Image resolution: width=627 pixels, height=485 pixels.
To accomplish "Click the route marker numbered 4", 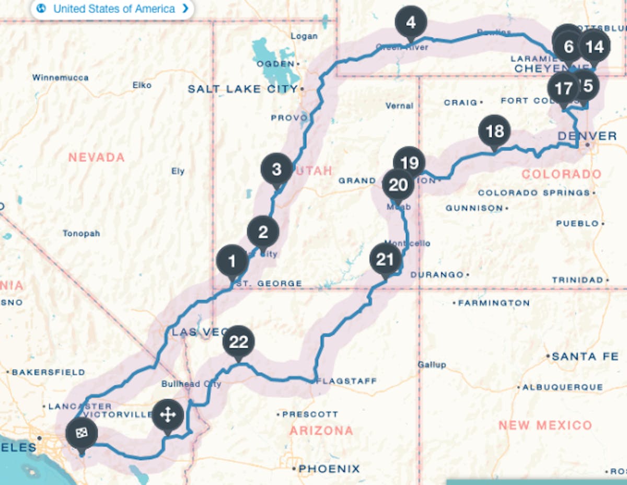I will [411, 23].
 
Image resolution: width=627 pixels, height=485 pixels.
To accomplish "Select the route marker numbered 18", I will [494, 131].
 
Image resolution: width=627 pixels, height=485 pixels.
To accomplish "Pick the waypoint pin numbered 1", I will [232, 261].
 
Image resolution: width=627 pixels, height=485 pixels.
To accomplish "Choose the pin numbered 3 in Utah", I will [276, 169].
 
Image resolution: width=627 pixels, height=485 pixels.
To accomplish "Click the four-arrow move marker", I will [168, 416].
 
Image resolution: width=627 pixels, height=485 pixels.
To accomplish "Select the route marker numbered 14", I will [594, 47].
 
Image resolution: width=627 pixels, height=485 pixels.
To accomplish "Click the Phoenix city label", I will [329, 469].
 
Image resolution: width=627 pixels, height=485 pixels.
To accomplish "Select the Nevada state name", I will [97, 157].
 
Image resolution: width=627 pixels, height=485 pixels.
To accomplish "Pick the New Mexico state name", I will [545, 425].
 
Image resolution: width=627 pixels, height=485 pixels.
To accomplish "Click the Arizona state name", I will [321, 431].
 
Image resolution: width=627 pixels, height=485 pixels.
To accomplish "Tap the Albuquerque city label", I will [563, 387].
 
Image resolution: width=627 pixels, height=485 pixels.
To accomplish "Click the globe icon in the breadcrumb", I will [42, 8].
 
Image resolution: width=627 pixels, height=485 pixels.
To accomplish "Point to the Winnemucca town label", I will [60, 78].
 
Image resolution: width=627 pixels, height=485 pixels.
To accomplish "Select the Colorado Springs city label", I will [533, 193].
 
